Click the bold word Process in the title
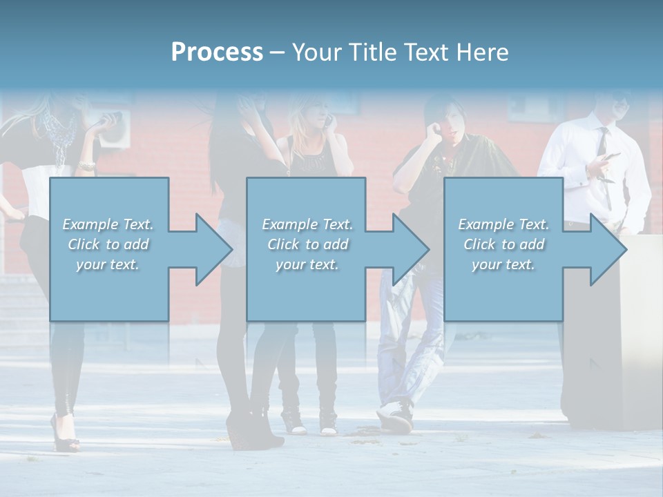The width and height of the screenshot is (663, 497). click(x=217, y=52)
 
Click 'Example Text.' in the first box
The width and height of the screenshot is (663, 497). click(x=108, y=224)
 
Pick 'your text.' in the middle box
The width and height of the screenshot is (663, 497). click(x=307, y=264)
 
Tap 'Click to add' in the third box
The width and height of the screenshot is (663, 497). click(x=503, y=244)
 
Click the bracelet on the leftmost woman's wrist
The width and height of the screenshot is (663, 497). click(x=87, y=166)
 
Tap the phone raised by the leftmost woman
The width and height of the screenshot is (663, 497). click(x=110, y=119)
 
